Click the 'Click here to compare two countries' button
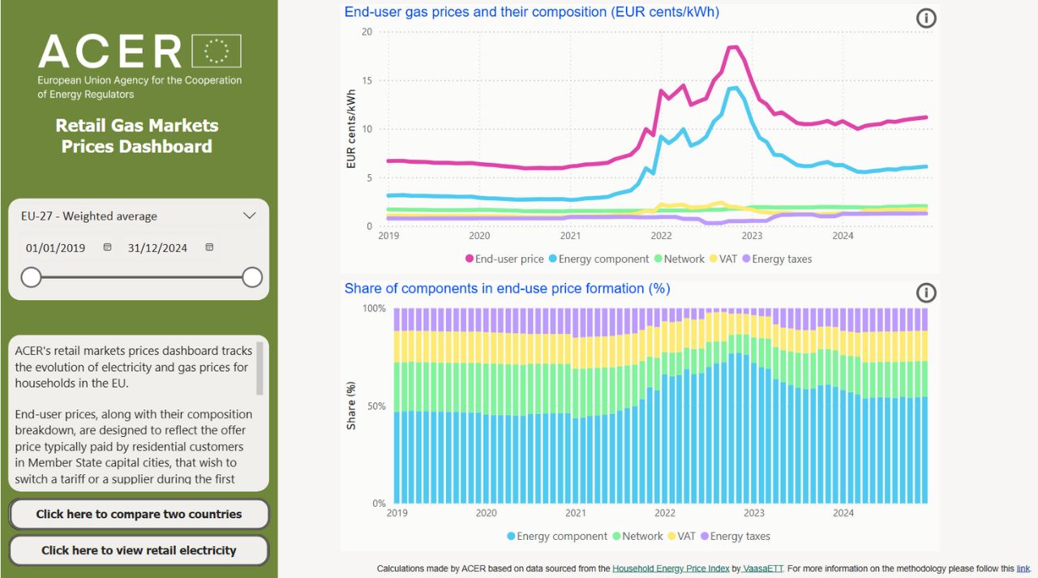pyautogui.click(x=139, y=514)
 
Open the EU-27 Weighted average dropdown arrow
pyautogui.click(x=250, y=216)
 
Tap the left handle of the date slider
pyautogui.click(x=31, y=277)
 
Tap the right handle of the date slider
pyautogui.click(x=252, y=277)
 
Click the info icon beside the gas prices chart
pyautogui.click(x=926, y=19)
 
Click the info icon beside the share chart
pyautogui.click(x=926, y=293)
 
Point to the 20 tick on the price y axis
pyautogui.click(x=367, y=32)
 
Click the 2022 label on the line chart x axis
pyautogui.click(x=661, y=236)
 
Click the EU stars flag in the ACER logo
pyautogui.click(x=217, y=51)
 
